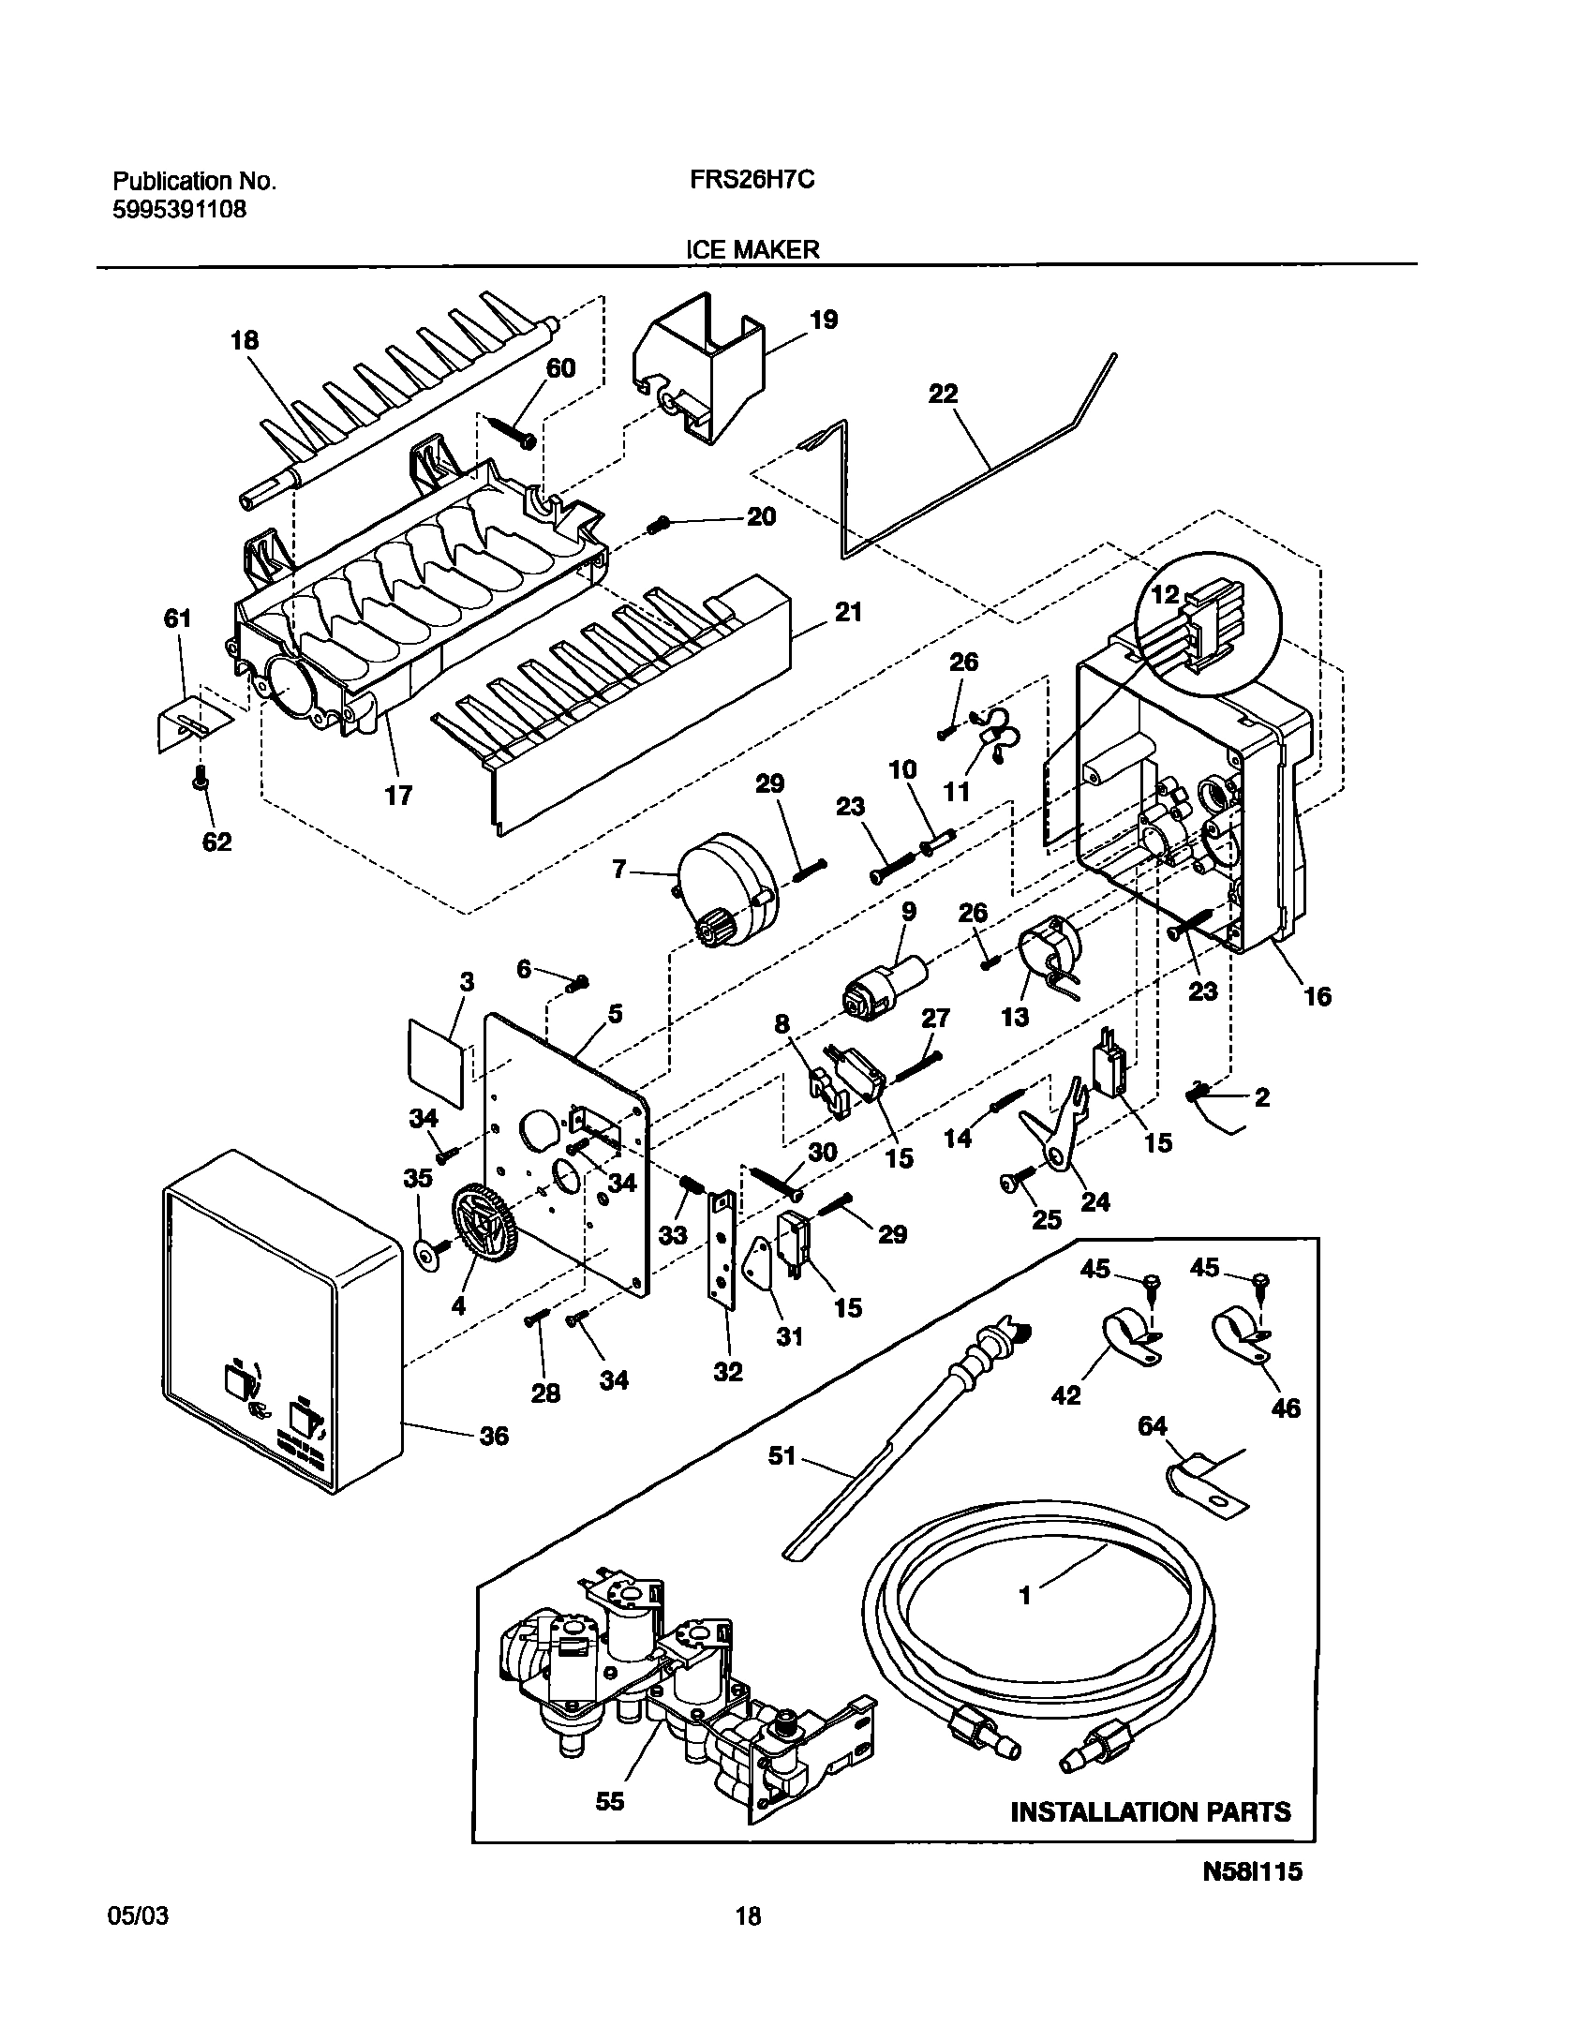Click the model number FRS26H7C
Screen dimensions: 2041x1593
746,180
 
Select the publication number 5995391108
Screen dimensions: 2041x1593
179,209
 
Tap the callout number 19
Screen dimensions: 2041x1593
823,320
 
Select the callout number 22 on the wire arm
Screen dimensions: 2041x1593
943,394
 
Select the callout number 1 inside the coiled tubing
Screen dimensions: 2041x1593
1025,1595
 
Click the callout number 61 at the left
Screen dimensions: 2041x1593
177,618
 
